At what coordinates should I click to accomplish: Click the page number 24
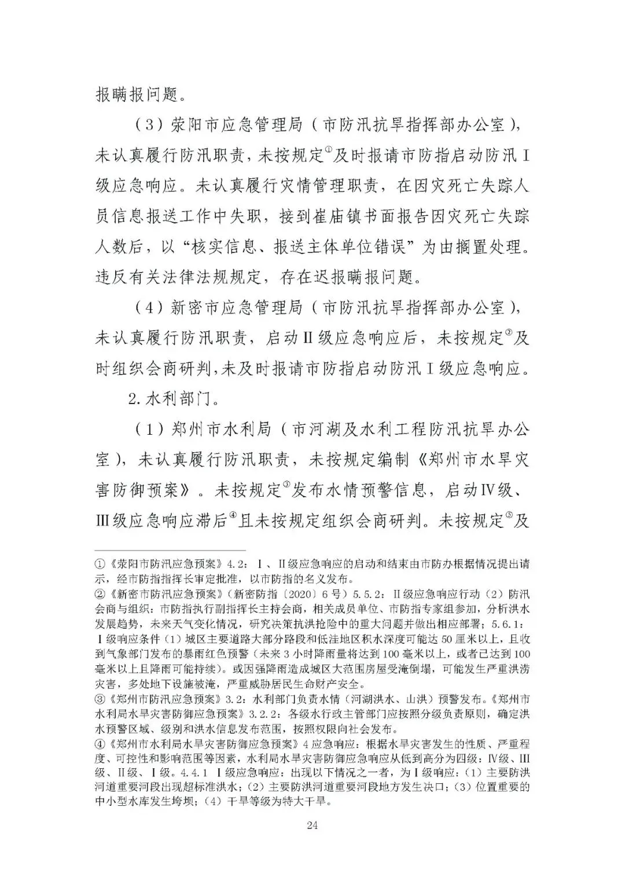coord(312,825)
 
